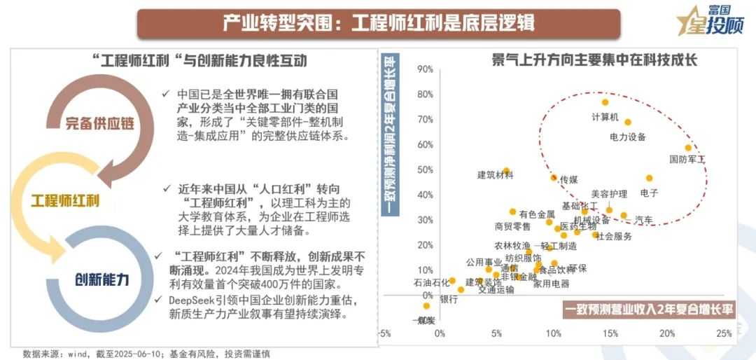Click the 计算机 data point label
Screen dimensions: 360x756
click(605, 117)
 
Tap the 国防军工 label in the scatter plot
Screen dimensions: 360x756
click(687, 160)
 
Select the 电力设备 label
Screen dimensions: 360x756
click(628, 137)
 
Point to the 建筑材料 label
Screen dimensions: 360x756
click(496, 175)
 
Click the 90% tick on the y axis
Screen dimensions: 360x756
click(425, 69)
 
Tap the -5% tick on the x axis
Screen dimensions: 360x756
click(383, 333)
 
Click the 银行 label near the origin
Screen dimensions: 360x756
click(449, 299)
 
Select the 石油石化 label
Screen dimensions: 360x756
click(431, 284)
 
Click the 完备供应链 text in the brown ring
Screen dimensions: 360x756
click(100, 125)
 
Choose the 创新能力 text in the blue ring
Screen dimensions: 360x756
click(102, 279)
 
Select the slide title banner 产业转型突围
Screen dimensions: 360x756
click(379, 22)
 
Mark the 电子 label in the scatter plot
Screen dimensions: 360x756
click(649, 193)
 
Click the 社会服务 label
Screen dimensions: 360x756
click(614, 237)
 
